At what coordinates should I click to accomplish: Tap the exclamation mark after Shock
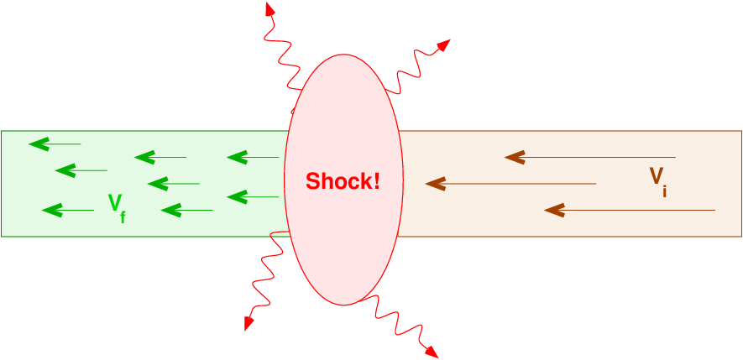(376, 180)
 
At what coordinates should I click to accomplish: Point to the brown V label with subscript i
(658, 179)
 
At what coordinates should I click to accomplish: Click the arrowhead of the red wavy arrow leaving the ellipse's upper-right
(442, 44)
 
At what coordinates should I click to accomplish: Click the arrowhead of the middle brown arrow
(434, 183)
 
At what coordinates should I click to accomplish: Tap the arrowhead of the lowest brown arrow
(553, 210)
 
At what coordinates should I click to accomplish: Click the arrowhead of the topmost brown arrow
(514, 157)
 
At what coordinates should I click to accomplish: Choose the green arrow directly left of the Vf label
(67, 209)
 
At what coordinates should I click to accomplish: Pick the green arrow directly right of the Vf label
(186, 209)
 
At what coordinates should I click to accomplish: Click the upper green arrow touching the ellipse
(252, 157)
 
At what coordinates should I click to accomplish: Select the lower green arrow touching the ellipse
(252, 196)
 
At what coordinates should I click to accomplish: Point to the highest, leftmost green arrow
(55, 143)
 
